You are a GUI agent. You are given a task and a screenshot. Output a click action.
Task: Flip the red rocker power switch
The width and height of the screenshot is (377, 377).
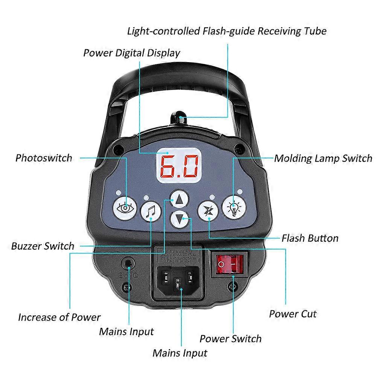(x=229, y=264)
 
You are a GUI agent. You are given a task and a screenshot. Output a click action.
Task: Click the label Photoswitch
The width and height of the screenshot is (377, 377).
(x=44, y=157)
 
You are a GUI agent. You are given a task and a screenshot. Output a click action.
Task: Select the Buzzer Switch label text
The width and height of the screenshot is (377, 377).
(x=43, y=246)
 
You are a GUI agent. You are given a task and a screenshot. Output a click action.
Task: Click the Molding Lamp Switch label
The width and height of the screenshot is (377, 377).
(x=323, y=158)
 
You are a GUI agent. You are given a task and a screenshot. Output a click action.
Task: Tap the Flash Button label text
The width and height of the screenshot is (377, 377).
(x=310, y=238)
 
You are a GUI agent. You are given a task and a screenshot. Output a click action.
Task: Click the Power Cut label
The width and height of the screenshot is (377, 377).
(x=293, y=313)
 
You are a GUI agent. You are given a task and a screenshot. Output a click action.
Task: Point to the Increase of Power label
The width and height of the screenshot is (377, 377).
(x=60, y=317)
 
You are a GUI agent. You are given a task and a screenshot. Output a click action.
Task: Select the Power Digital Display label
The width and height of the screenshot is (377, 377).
(x=131, y=53)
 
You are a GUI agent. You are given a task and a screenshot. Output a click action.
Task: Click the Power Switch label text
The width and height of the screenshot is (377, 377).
(x=230, y=338)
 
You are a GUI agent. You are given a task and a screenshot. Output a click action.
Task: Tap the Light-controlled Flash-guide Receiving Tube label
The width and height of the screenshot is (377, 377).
(x=226, y=31)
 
